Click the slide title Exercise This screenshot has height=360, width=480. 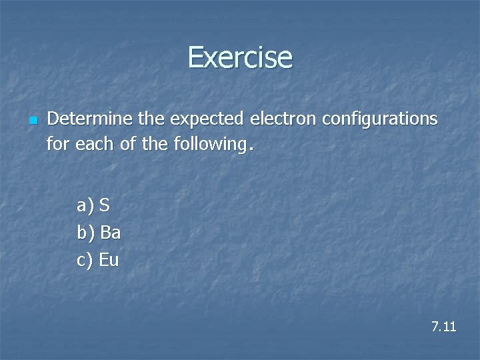(x=240, y=57)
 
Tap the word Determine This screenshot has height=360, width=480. (x=90, y=119)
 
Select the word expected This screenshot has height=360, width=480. (x=207, y=120)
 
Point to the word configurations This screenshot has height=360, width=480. (x=379, y=120)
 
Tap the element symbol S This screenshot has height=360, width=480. (x=105, y=205)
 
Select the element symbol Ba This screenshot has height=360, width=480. (x=110, y=233)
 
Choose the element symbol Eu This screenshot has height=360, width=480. (x=109, y=260)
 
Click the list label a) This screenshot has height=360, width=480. (x=86, y=206)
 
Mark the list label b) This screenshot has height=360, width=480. (x=87, y=233)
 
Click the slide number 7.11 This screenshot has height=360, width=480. (x=443, y=327)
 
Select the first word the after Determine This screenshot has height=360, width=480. (x=151, y=119)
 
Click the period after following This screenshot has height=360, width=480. (x=250, y=148)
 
